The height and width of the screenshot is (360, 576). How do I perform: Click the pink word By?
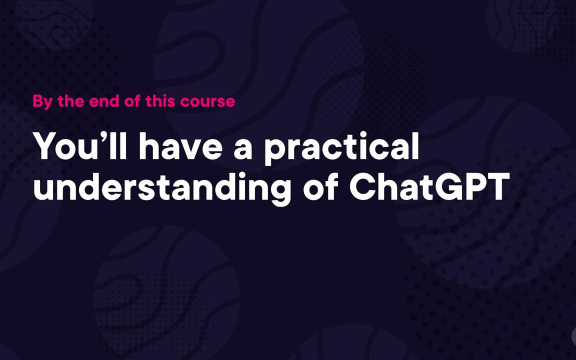[x=42, y=101]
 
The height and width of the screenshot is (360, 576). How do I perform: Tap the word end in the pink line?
[x=103, y=101]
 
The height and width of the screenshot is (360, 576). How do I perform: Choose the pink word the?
[x=71, y=101]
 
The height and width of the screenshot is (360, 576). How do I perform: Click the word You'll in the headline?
[x=80, y=146]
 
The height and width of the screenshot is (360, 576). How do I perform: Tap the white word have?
[x=180, y=146]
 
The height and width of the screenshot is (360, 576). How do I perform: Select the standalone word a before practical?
[x=243, y=148]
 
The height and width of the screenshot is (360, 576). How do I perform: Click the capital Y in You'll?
[x=46, y=146]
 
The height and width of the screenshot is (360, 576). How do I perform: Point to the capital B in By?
[x=37, y=101]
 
